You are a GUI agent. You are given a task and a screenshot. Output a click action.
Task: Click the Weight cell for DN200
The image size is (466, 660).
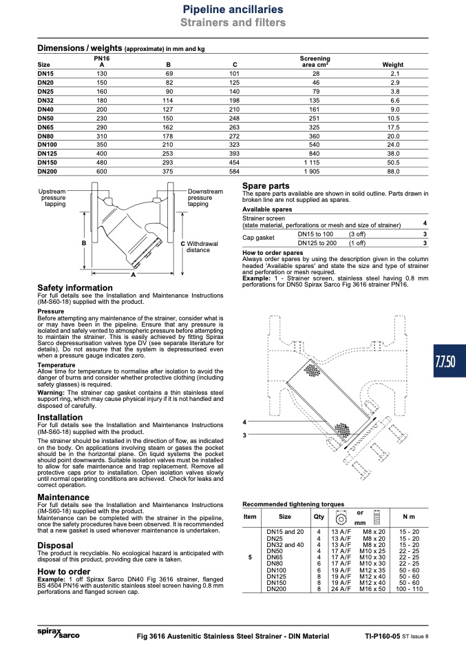coord(393,172)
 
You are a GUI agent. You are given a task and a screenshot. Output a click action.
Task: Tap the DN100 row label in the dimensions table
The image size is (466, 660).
coord(47,145)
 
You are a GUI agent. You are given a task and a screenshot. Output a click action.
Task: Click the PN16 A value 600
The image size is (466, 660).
coord(102,172)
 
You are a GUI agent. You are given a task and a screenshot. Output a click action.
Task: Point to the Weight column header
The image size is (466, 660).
coord(393,65)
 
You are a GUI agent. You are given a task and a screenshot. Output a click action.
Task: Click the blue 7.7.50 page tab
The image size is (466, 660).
coord(449,361)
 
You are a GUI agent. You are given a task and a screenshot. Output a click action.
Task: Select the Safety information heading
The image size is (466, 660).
coord(75,288)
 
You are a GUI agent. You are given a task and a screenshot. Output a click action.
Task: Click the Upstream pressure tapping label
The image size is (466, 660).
coord(52,198)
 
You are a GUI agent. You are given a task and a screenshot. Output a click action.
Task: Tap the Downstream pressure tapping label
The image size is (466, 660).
coord(205,198)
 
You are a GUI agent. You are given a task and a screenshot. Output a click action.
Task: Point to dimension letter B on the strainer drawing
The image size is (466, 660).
coord(84,243)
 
